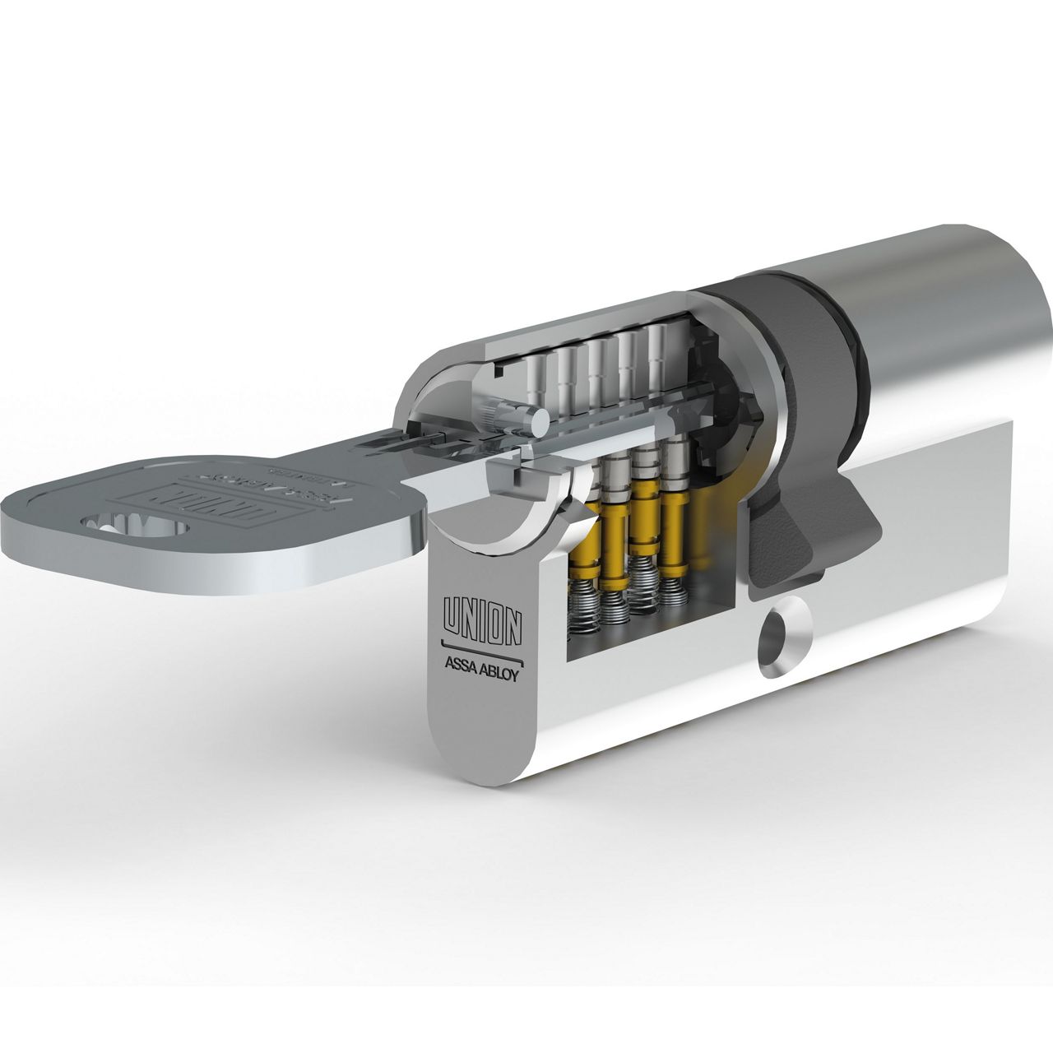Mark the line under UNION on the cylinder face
tap(481, 644)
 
